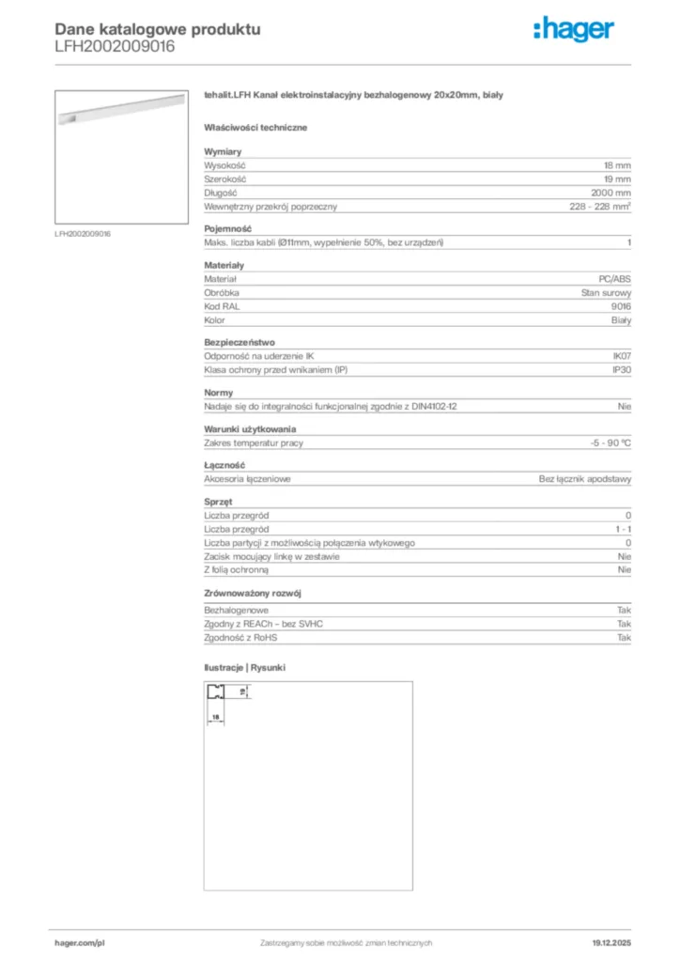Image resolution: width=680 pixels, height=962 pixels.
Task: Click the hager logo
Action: point(574,31)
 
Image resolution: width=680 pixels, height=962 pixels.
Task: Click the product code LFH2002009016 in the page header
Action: point(114,45)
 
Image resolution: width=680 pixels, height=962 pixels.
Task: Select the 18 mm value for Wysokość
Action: point(618,165)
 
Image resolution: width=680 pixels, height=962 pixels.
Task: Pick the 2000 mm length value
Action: point(611,193)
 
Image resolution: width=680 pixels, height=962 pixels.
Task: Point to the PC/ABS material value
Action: point(615,279)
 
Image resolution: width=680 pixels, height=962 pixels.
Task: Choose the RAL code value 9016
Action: point(621,306)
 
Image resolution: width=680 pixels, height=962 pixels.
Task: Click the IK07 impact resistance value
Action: point(621,356)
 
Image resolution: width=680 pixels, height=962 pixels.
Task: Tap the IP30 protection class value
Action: point(621,370)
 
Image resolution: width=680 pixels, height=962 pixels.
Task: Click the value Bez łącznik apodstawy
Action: point(585,479)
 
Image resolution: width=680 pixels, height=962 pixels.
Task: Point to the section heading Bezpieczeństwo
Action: point(240,342)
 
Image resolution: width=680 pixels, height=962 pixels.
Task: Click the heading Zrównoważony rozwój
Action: point(253,595)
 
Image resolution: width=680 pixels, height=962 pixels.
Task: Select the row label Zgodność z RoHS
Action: point(241,638)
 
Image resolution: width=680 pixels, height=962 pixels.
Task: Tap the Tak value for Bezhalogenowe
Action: point(624,611)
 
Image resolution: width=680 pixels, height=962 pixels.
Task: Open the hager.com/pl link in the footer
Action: point(79,942)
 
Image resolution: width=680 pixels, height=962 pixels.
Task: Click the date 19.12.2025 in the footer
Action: point(611,942)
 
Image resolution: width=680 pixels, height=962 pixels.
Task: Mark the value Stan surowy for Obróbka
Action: point(607,292)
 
